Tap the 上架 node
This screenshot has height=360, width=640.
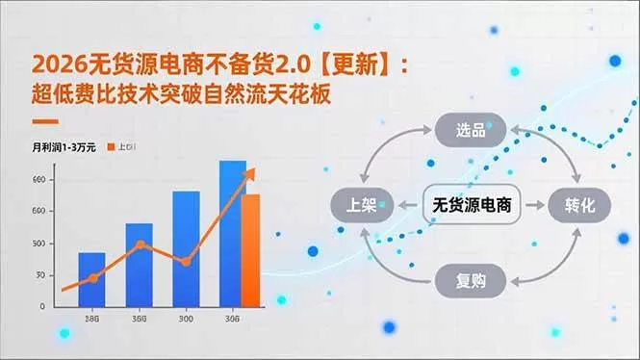(x=360, y=205)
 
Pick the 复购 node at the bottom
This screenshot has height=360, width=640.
(x=469, y=281)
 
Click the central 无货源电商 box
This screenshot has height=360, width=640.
(x=472, y=205)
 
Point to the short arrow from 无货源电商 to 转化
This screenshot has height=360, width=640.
(x=532, y=205)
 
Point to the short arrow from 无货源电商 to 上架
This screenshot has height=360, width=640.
(x=405, y=205)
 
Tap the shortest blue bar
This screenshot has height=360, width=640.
(x=91, y=279)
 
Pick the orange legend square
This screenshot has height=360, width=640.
(x=113, y=147)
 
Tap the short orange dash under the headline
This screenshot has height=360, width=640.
(x=44, y=121)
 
